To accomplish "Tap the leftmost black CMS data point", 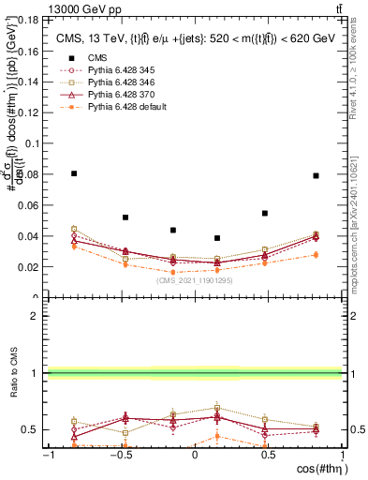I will (74, 173).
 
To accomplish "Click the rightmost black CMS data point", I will (316, 175).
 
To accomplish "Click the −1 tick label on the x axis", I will (49, 457).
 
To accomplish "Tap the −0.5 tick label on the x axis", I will (119, 457).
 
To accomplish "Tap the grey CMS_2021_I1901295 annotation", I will (195, 279).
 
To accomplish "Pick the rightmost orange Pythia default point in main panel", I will (316, 254).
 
